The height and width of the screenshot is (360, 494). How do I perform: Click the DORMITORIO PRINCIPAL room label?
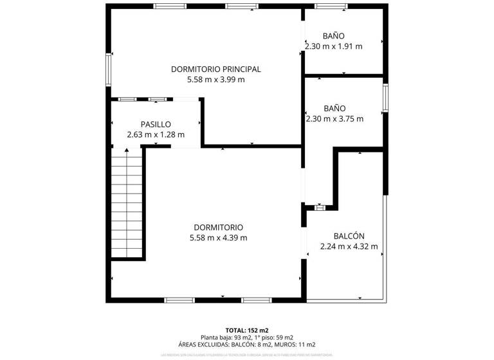(215, 69)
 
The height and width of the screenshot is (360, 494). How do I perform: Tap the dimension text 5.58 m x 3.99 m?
(215, 80)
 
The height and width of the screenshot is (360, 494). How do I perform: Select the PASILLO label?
(156, 124)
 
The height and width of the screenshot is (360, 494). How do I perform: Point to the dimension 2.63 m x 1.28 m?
(156, 135)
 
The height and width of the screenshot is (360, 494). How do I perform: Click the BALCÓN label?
(349, 235)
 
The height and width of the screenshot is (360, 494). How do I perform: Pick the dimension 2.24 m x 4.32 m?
(349, 246)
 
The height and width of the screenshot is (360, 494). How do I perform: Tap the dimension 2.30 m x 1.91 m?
(334, 46)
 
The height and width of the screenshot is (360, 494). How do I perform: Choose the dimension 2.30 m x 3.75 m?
(334, 119)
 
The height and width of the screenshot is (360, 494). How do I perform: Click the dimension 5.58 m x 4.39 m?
(218, 238)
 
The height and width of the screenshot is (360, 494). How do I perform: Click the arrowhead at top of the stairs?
(127, 150)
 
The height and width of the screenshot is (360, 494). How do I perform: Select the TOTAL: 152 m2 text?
(247, 329)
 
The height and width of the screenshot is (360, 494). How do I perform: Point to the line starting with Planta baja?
(247, 337)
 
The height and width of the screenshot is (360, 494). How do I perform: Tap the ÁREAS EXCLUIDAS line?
(247, 345)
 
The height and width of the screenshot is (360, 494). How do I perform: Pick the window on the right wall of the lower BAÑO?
(385, 98)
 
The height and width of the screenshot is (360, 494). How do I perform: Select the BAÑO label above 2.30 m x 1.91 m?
(334, 36)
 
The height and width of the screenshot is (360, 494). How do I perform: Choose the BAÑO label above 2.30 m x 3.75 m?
(334, 109)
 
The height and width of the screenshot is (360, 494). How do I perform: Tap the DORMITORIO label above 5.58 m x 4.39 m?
(218, 227)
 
